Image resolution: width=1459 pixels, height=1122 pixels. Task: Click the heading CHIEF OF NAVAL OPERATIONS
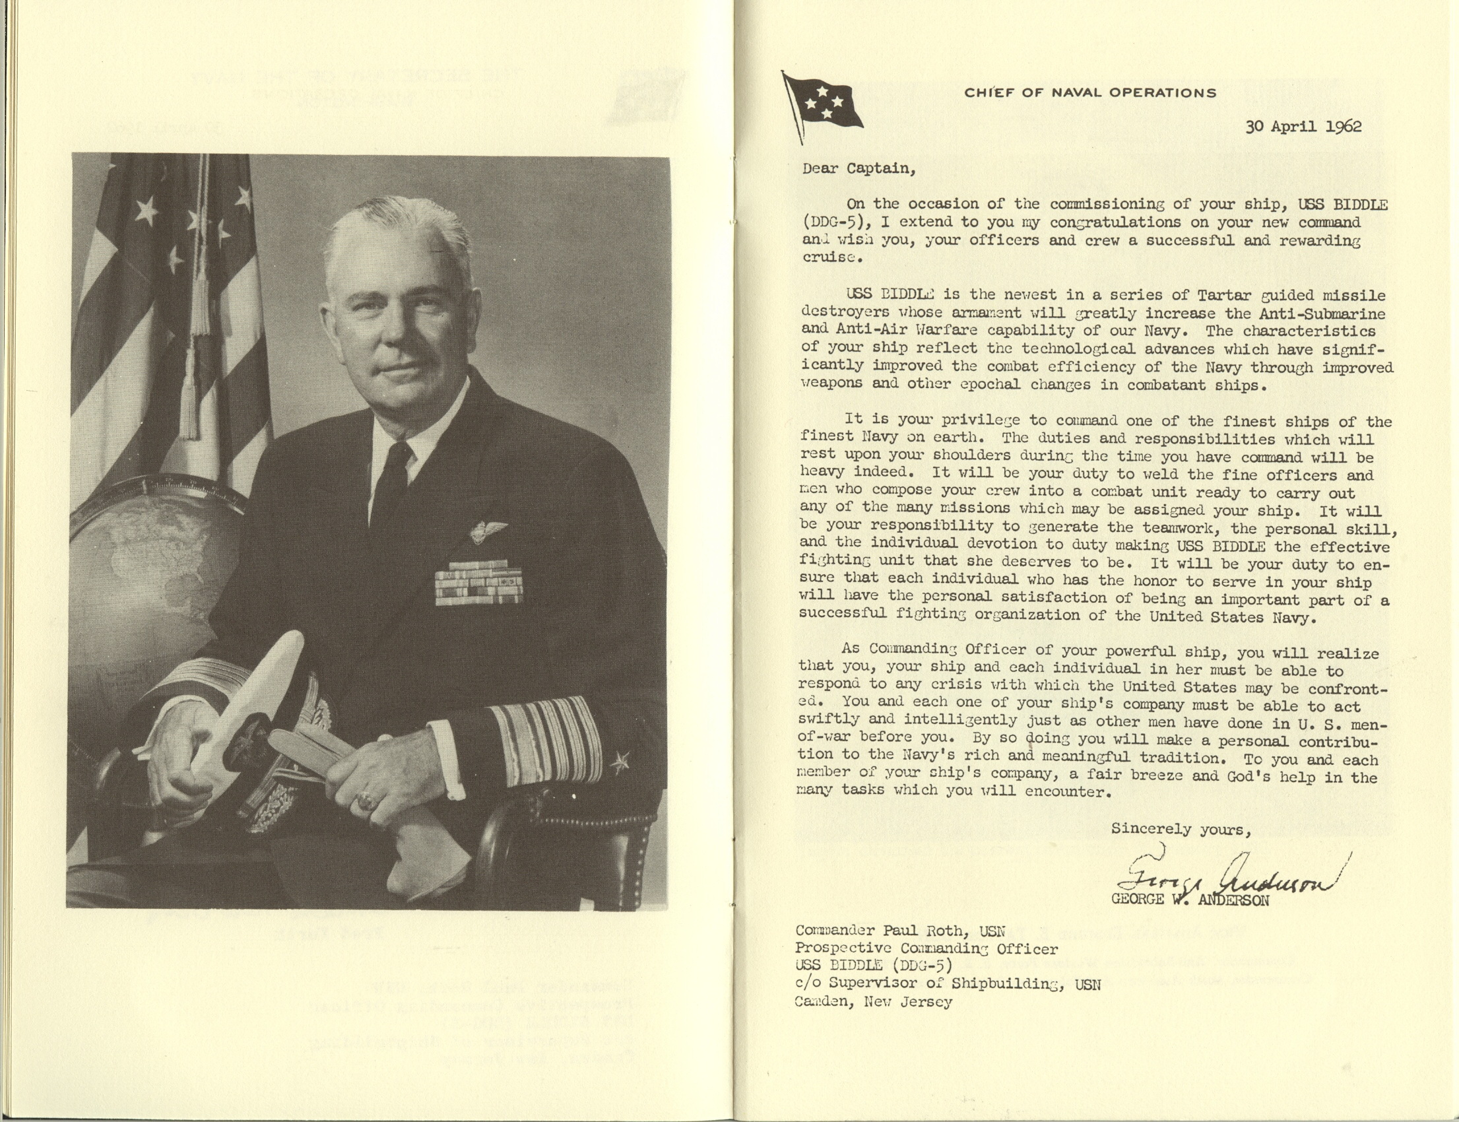1089,94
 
